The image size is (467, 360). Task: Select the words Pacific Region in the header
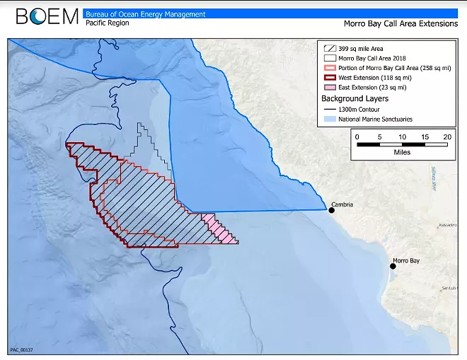coord(106,23)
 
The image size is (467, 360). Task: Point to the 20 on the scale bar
coord(447,137)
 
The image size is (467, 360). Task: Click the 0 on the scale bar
coord(357,137)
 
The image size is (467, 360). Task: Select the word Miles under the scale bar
coord(401,151)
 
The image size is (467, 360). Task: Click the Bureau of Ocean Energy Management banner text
coord(145,13)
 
